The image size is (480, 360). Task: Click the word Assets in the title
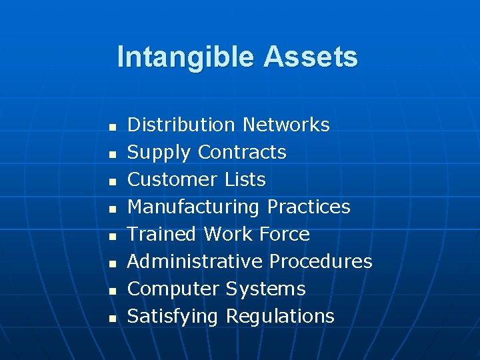[311, 57]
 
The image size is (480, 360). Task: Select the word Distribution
[181, 125]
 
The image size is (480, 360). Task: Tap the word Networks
[286, 125]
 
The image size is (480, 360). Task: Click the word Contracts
[243, 153]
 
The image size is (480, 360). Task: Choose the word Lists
[246, 180]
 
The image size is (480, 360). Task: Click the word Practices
[309, 207]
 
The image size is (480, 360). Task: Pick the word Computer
[173, 289]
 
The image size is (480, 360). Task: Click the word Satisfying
[173, 317]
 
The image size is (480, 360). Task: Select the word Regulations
[280, 317]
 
